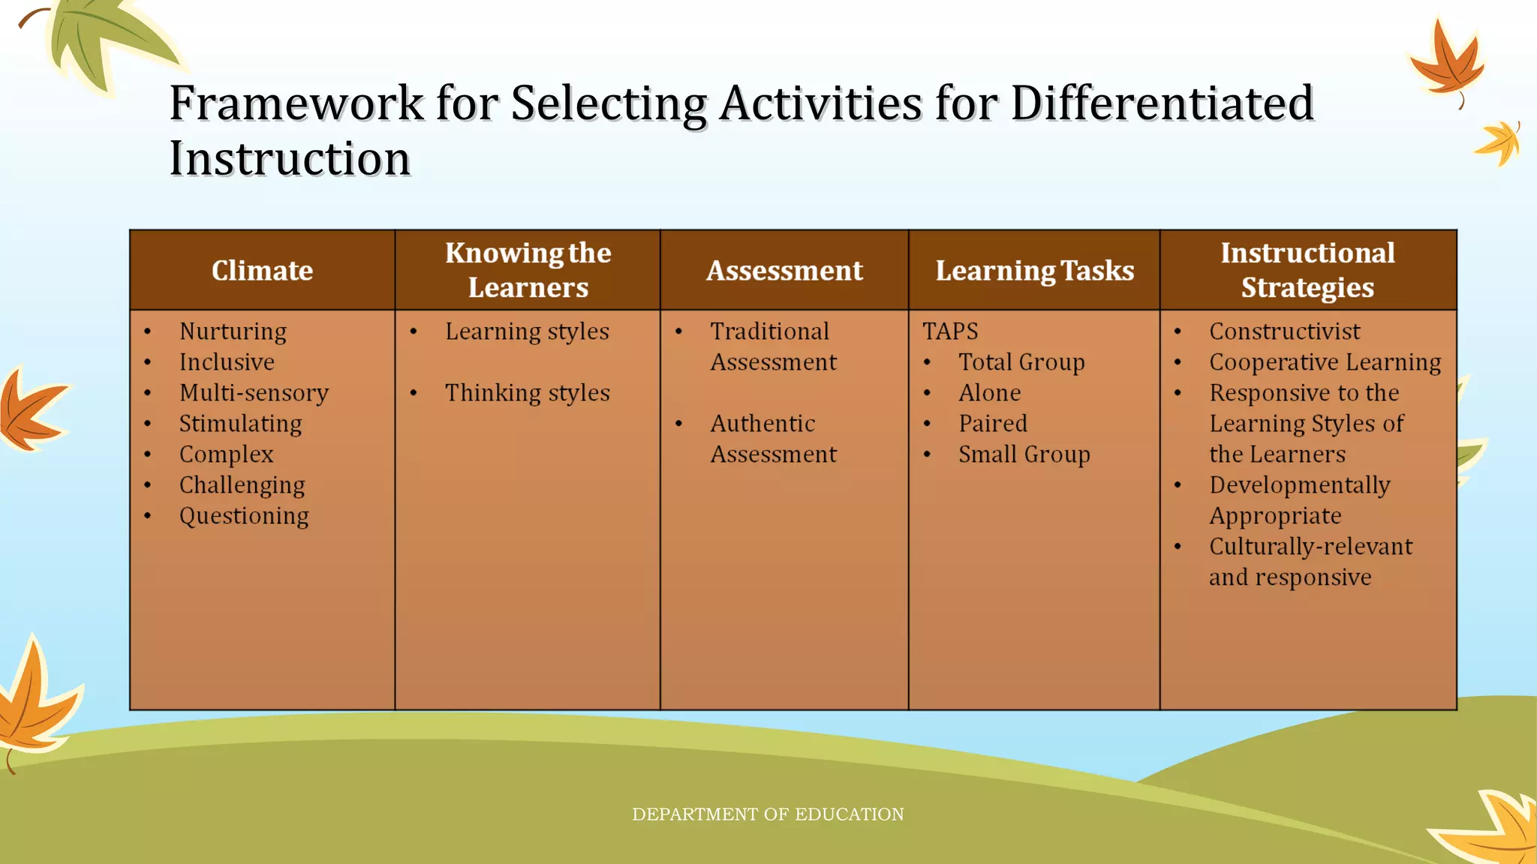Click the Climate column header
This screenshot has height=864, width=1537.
[x=262, y=271]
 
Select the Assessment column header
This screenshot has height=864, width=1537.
[x=784, y=271]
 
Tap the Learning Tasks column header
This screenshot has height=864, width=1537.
[x=1034, y=271]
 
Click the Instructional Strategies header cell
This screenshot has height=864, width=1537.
[x=1307, y=270]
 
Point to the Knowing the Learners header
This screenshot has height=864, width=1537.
[x=528, y=270]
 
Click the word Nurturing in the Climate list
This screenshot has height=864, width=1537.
[x=233, y=331]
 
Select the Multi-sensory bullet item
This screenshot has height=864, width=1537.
[x=254, y=393]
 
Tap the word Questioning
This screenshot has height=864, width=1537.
[x=244, y=516]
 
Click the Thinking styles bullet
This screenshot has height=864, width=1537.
[x=527, y=393]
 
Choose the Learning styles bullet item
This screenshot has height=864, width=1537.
[x=527, y=331]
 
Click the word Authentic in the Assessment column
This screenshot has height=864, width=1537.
[x=762, y=424]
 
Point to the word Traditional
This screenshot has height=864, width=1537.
[x=769, y=331]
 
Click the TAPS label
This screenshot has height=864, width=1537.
[x=950, y=331]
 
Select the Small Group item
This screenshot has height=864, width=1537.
[x=1024, y=454]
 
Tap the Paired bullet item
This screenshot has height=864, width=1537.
[x=993, y=424]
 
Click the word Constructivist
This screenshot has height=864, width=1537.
[x=1284, y=331]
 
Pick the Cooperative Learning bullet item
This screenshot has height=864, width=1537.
[x=1325, y=362]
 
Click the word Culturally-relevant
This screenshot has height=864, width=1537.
[x=1310, y=547]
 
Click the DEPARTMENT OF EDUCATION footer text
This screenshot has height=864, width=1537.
[x=768, y=814]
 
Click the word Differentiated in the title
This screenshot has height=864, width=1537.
[x=1162, y=103]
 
